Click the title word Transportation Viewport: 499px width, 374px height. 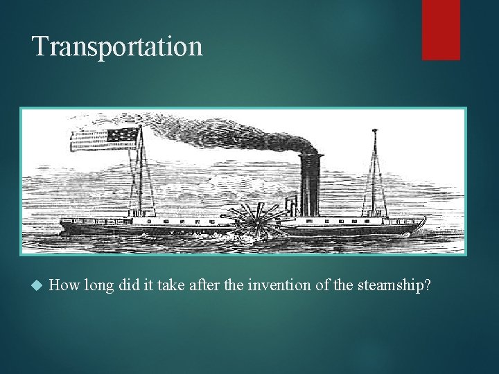click(117, 46)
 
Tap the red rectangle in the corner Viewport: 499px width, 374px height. click(441, 29)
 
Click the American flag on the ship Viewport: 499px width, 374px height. click(104, 139)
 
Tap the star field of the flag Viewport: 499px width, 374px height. click(122, 136)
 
